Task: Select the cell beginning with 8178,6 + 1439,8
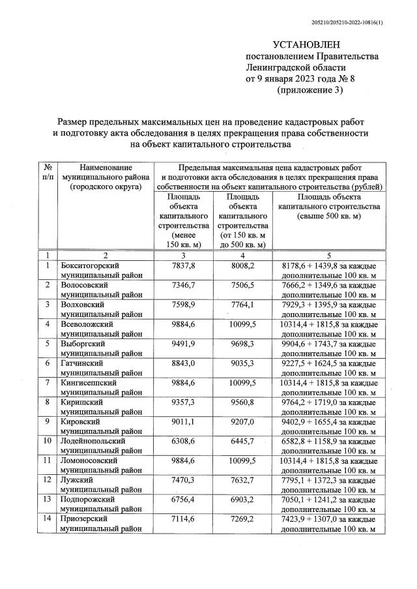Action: click(328, 266)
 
